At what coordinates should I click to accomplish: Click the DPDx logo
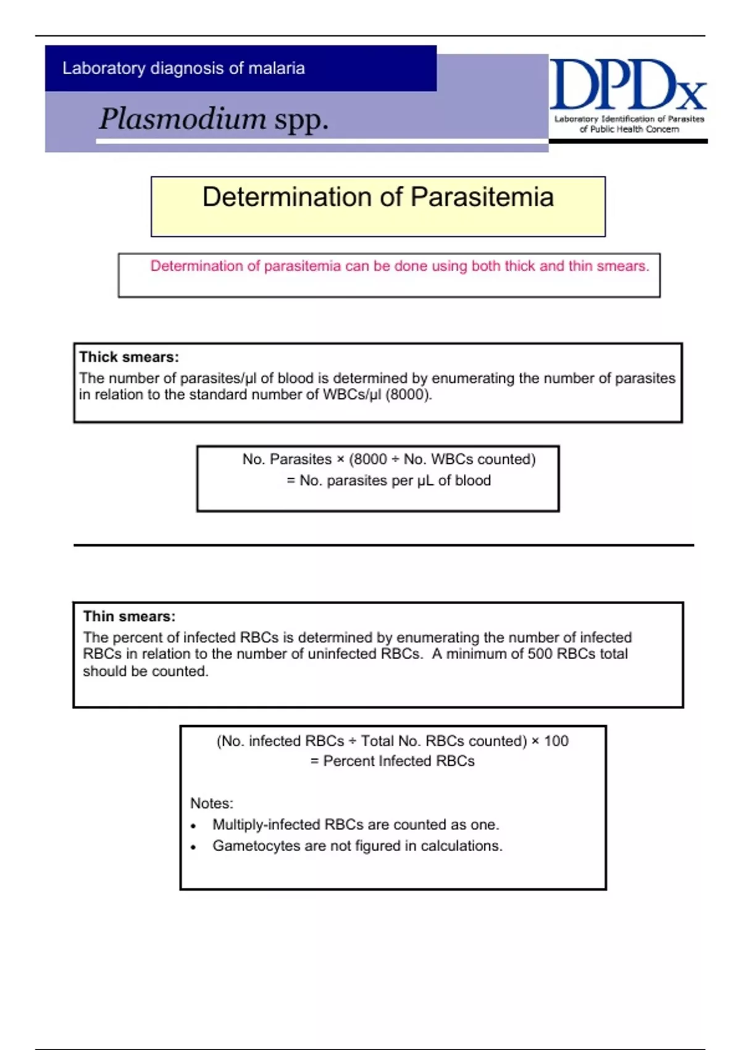pos(627,86)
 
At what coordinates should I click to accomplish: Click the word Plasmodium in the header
pos(183,119)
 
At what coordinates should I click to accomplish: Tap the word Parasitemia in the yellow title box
pos(482,197)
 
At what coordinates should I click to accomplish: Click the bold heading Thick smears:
pos(129,357)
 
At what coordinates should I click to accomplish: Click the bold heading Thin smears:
pos(129,616)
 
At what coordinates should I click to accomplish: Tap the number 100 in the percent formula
pos(556,741)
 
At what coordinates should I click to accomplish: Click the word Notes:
pos(212,804)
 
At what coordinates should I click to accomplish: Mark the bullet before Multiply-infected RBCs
pos(193,826)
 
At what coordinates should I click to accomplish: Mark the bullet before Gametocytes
pos(193,847)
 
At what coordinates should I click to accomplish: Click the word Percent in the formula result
pos(349,761)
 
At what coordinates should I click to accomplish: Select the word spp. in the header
pos(301,120)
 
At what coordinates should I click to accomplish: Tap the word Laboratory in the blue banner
pos(104,68)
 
